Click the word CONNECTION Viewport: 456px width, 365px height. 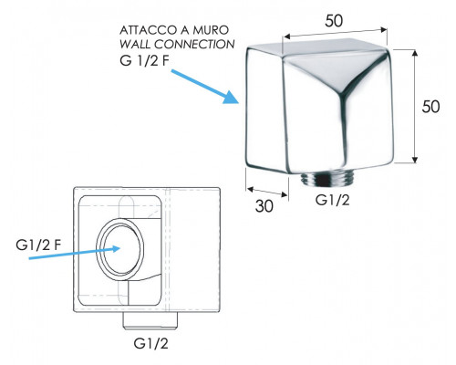[194, 45]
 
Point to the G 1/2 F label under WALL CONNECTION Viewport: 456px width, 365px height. [144, 61]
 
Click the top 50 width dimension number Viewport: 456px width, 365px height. [334, 21]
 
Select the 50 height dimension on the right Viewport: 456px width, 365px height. [430, 107]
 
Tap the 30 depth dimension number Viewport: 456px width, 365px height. [264, 206]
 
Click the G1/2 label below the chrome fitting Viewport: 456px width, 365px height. [332, 200]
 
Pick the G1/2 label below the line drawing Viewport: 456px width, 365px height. [150, 344]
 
